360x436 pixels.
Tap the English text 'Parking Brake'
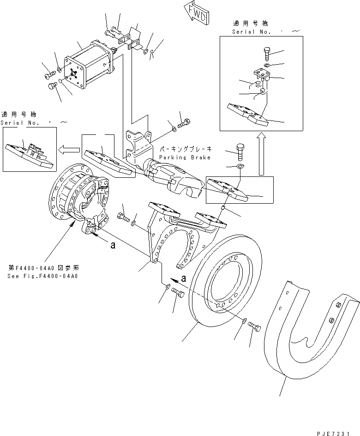point(184,157)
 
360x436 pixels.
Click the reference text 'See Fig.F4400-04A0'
point(42,276)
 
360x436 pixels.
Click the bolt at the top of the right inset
point(268,52)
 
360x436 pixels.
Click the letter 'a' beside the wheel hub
point(113,246)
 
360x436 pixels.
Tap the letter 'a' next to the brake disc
point(184,279)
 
